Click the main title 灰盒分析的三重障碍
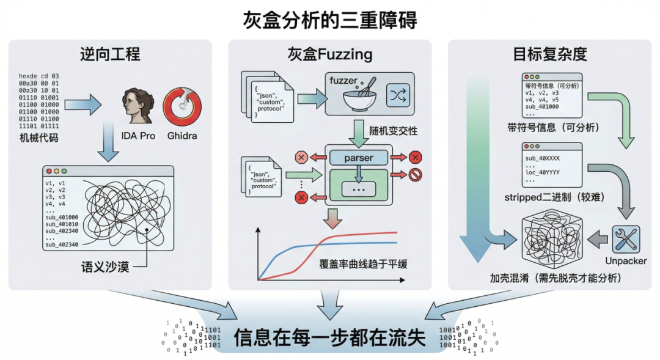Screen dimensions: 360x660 [329, 20]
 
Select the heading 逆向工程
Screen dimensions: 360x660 [110, 54]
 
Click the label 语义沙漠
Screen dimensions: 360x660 [106, 267]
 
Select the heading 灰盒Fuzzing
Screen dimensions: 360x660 [329, 54]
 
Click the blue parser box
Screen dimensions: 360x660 [358, 158]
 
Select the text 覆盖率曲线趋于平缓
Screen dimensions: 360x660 [363, 265]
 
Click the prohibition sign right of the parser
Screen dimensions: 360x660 [416, 176]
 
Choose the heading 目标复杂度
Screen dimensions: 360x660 [549, 54]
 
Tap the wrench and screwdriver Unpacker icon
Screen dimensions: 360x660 [626, 240]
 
